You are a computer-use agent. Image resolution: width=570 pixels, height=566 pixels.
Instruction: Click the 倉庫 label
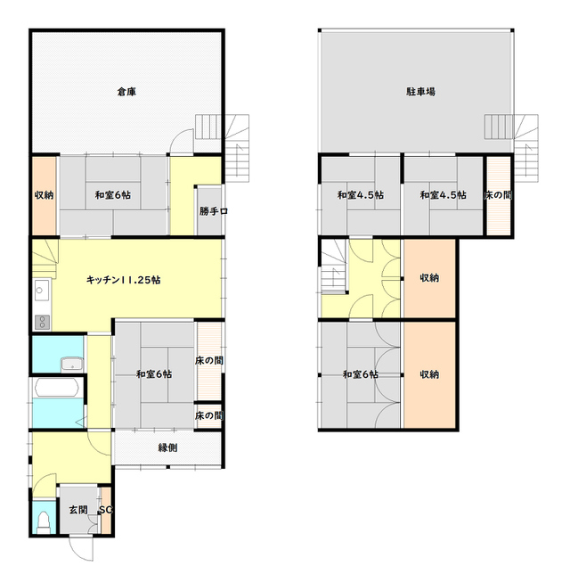click(126, 91)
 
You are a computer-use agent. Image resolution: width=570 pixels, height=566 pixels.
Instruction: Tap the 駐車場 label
click(420, 91)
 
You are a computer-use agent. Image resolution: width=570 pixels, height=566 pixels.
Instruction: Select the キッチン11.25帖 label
click(123, 280)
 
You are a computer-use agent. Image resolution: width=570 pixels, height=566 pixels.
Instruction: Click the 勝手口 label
click(214, 211)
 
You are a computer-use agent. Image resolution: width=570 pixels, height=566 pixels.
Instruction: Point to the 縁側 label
click(167, 447)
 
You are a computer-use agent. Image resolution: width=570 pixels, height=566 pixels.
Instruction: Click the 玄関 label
click(78, 510)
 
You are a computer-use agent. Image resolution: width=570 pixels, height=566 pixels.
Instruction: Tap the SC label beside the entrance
click(105, 510)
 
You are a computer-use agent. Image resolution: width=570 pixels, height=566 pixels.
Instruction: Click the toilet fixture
click(44, 522)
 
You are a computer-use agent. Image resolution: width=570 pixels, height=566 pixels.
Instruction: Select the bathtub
click(57, 388)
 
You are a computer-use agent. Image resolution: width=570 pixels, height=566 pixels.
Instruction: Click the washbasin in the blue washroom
click(72, 365)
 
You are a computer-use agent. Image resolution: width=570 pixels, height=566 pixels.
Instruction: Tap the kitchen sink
click(42, 290)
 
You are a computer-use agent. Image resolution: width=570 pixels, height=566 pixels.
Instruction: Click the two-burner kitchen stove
click(42, 323)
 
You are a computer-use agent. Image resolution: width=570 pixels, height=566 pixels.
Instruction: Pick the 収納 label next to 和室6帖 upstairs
click(429, 374)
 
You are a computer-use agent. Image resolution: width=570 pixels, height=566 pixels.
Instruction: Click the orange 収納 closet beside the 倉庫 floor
click(44, 196)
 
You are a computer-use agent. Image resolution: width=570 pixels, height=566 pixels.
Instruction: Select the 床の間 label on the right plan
click(498, 195)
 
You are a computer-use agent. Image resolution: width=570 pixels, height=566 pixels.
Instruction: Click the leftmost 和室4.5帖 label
click(360, 195)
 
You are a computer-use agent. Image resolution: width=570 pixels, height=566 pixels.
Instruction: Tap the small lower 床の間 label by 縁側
click(209, 415)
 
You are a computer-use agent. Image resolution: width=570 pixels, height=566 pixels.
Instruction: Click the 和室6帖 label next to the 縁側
click(154, 374)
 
